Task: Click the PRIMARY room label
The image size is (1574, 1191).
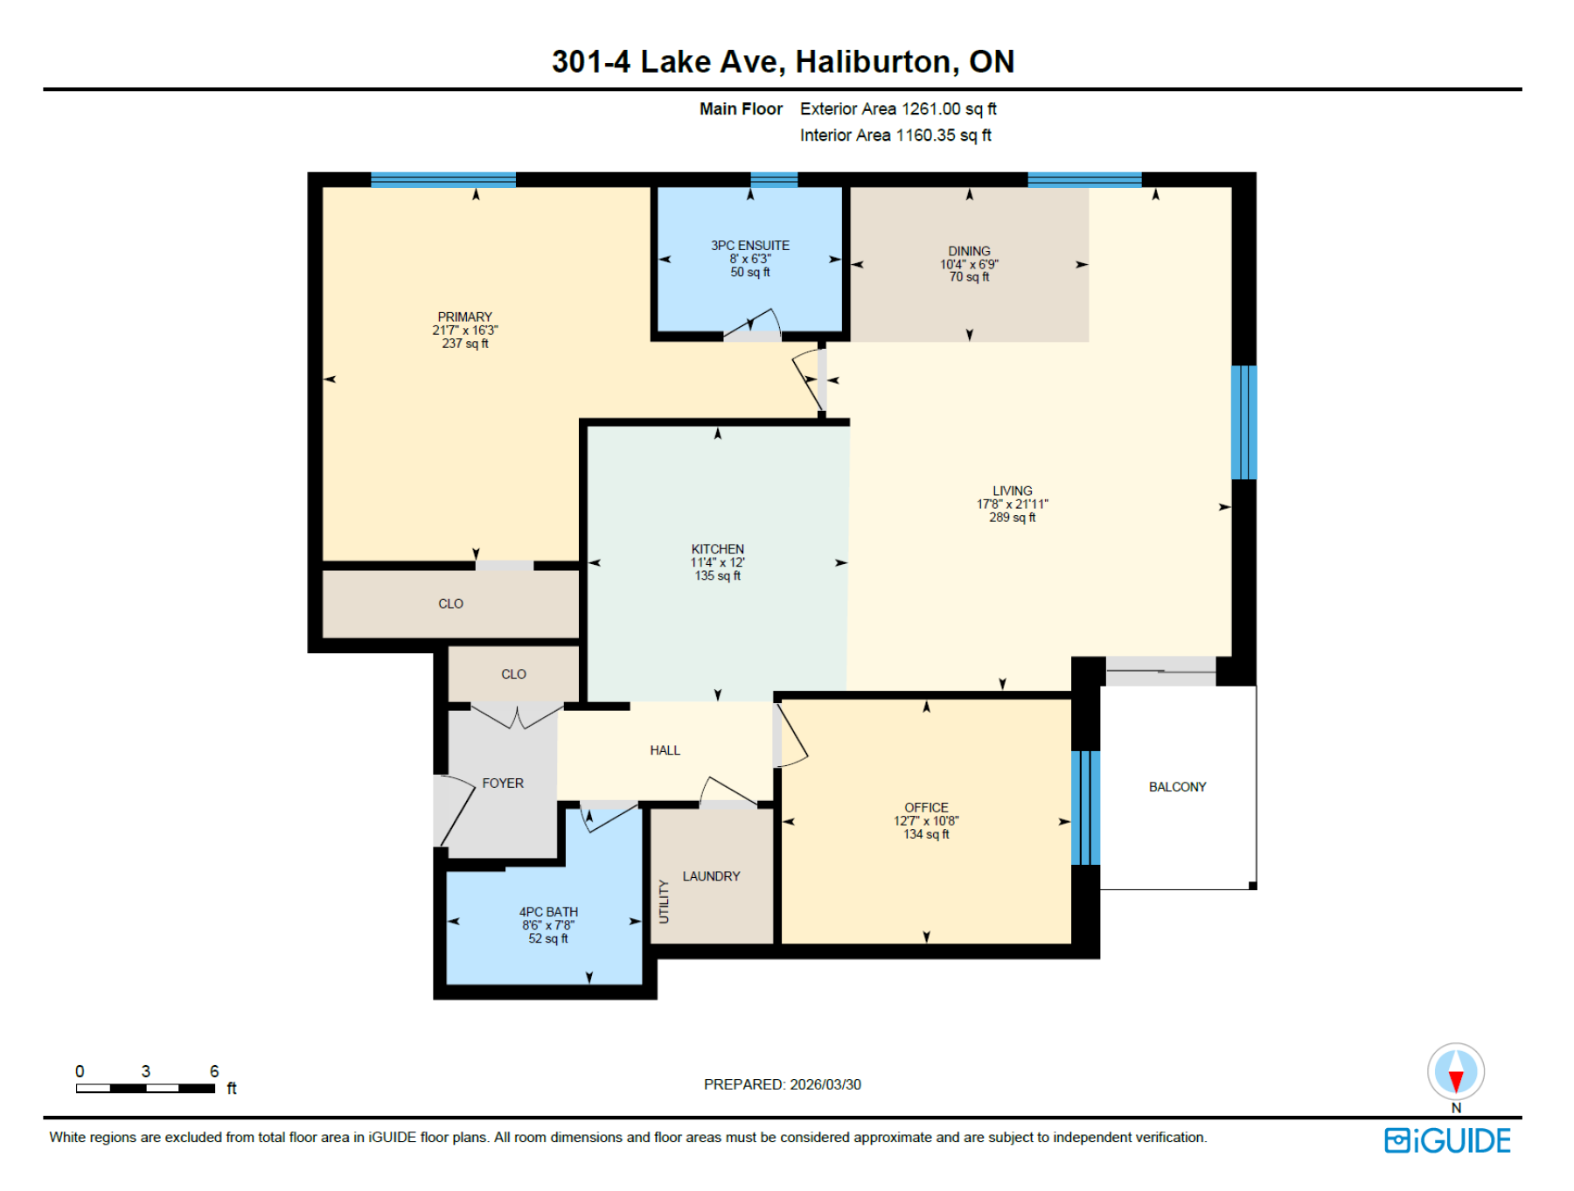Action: click(464, 317)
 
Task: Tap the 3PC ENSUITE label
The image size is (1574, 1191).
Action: click(749, 246)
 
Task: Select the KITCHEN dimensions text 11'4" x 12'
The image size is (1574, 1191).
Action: click(717, 562)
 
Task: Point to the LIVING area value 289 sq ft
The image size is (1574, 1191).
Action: click(1012, 518)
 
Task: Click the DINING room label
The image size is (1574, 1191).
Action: click(969, 251)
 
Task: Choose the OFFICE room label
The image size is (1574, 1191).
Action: click(926, 807)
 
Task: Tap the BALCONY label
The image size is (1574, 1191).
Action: click(1177, 787)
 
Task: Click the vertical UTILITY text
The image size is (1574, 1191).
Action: click(664, 902)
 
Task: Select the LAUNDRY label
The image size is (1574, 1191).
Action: click(711, 876)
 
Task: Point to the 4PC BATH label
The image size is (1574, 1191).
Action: click(548, 912)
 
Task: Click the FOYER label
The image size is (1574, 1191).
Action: click(503, 784)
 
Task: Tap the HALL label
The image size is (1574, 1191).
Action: click(665, 750)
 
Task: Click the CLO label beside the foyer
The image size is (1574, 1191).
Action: click(513, 674)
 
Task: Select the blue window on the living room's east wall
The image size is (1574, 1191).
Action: click(1243, 422)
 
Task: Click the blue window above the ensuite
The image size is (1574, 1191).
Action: click(774, 180)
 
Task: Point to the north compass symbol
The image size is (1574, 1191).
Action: click(1456, 1072)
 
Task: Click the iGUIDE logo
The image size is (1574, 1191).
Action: click(1447, 1141)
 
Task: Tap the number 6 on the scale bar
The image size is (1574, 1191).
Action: click(214, 1071)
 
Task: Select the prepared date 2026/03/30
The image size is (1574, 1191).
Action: click(825, 1084)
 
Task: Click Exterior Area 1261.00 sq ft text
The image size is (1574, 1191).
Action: click(898, 109)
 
